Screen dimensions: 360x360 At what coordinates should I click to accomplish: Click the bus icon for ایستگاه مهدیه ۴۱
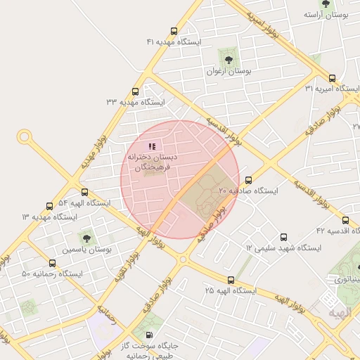tap(174, 31)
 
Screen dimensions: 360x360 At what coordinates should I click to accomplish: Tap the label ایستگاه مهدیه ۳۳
tap(135, 103)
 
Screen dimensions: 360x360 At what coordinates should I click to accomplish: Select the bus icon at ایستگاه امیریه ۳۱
tap(332, 79)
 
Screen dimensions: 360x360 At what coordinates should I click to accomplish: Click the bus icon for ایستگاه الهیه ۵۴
tap(85, 192)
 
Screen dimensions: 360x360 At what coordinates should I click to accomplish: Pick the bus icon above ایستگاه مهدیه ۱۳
tap(49, 206)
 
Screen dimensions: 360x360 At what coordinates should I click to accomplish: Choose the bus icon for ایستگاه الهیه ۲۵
tap(231, 280)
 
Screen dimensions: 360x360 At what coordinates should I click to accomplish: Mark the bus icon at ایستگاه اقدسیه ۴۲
tap(344, 219)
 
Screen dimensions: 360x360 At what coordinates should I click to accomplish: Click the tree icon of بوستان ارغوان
tap(226, 57)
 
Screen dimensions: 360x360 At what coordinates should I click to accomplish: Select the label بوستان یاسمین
tap(87, 250)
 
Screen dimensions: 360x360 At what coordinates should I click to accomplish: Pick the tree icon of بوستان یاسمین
tap(87, 236)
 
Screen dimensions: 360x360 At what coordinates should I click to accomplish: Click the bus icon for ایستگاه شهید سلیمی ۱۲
tap(284, 237)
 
